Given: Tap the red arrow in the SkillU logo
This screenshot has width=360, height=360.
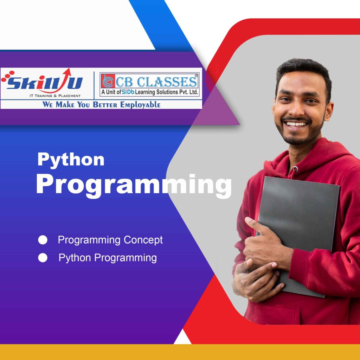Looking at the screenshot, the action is tap(60, 81).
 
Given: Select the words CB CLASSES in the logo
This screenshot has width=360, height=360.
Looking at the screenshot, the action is tap(156, 82).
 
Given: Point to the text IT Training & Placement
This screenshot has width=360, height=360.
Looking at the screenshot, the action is tap(55, 96).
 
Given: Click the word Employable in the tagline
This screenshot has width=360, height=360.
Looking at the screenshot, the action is tap(140, 105).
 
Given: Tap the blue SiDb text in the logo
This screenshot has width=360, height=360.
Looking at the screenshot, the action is tap(128, 92).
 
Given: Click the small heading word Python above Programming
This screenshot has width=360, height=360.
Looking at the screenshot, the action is tap(71, 160).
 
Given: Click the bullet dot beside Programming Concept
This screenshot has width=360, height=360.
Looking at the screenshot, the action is tap(43, 240).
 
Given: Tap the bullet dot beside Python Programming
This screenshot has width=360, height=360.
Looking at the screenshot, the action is tap(43, 258).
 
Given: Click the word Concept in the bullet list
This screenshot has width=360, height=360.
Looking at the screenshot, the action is tap(143, 240).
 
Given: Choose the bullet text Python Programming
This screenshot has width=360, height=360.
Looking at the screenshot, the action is tap(108, 258).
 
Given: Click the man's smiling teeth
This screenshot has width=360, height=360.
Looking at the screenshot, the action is tap(296, 124).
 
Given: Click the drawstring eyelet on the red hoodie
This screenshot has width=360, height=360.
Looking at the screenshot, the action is tap(295, 169).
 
